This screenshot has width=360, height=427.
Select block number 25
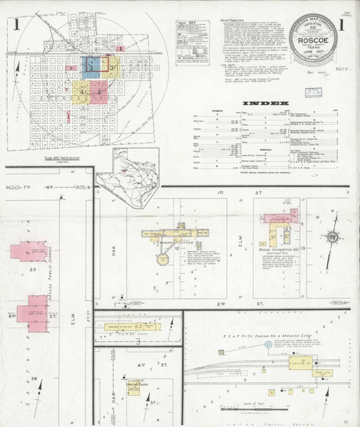pos(33,270)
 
